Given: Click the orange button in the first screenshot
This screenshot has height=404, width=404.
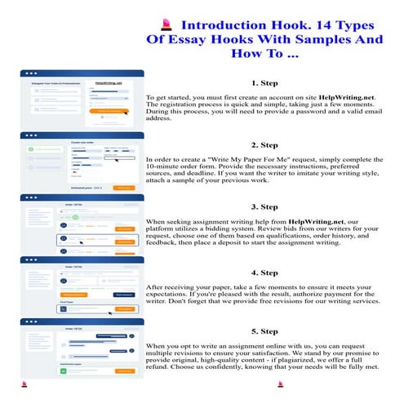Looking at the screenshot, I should pyautogui.click(x=113, y=110).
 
